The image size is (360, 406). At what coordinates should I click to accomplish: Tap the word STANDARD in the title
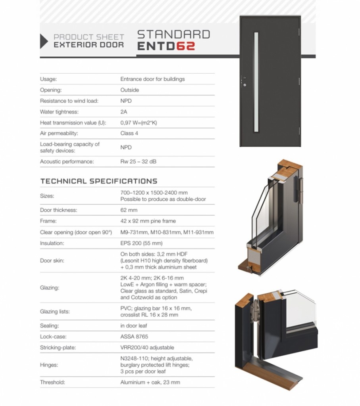(x=173, y=34)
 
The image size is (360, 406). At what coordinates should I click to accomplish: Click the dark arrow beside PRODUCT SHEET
(x=44, y=41)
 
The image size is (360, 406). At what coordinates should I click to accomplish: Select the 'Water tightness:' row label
(x=59, y=112)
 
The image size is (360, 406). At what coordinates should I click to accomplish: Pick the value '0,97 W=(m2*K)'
(x=139, y=123)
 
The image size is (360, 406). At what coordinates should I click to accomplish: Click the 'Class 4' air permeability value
(x=129, y=133)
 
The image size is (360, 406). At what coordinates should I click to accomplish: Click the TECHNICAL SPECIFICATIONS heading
(x=99, y=181)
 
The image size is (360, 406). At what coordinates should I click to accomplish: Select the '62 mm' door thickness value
(x=129, y=210)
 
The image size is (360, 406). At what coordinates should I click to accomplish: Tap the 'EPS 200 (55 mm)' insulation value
(x=141, y=243)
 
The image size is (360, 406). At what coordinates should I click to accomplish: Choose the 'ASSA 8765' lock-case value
(x=134, y=337)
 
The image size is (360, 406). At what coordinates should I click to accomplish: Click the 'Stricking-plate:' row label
(x=58, y=347)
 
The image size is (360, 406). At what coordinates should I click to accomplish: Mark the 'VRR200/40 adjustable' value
(x=147, y=347)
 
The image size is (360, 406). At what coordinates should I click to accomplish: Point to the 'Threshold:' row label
(x=52, y=383)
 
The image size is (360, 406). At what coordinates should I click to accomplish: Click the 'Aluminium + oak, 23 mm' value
(x=150, y=383)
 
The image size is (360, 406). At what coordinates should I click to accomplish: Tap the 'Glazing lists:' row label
(x=55, y=312)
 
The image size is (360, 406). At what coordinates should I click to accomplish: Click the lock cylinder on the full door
(x=244, y=84)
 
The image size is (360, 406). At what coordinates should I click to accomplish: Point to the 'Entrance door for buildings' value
(x=152, y=79)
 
